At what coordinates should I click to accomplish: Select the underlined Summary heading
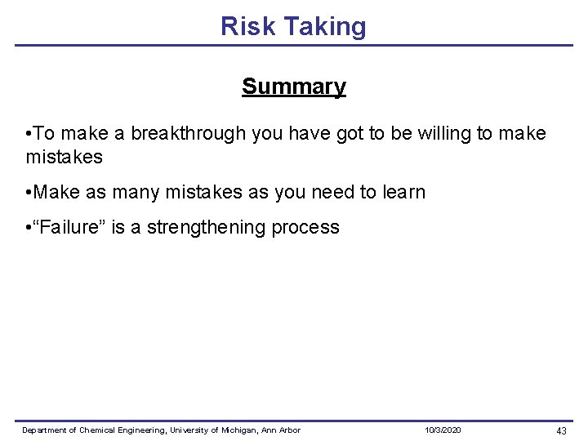point(294,87)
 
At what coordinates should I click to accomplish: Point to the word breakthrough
point(187,133)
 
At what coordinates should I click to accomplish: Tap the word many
point(136,193)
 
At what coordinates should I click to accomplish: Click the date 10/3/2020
point(443,430)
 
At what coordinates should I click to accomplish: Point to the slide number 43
point(561,430)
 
